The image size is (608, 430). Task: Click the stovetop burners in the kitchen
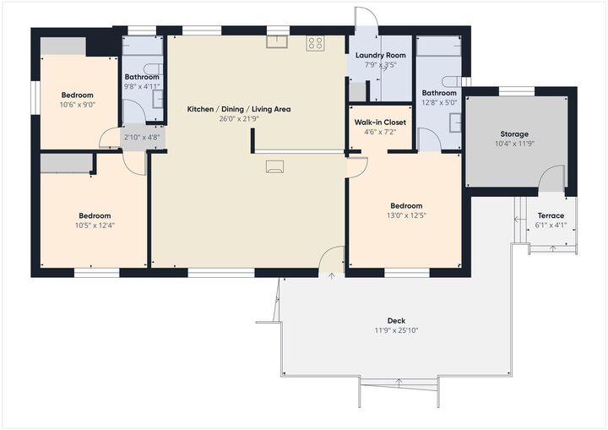coord(316,43)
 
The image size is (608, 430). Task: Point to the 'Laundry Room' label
coord(380,56)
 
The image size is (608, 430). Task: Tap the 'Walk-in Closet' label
coord(380,122)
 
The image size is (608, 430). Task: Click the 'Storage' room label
coord(514,134)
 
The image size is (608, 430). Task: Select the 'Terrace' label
coord(550,216)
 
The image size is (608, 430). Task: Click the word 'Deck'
coord(396,320)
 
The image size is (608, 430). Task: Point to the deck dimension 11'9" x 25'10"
coord(396,330)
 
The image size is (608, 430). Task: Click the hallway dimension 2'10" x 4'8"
coord(141,138)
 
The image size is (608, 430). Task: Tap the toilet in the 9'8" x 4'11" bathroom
coord(149,69)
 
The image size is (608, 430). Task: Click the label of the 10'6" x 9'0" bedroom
coord(77,95)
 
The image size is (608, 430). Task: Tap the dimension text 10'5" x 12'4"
coord(95,226)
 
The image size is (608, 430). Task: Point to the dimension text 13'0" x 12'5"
coord(406,216)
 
